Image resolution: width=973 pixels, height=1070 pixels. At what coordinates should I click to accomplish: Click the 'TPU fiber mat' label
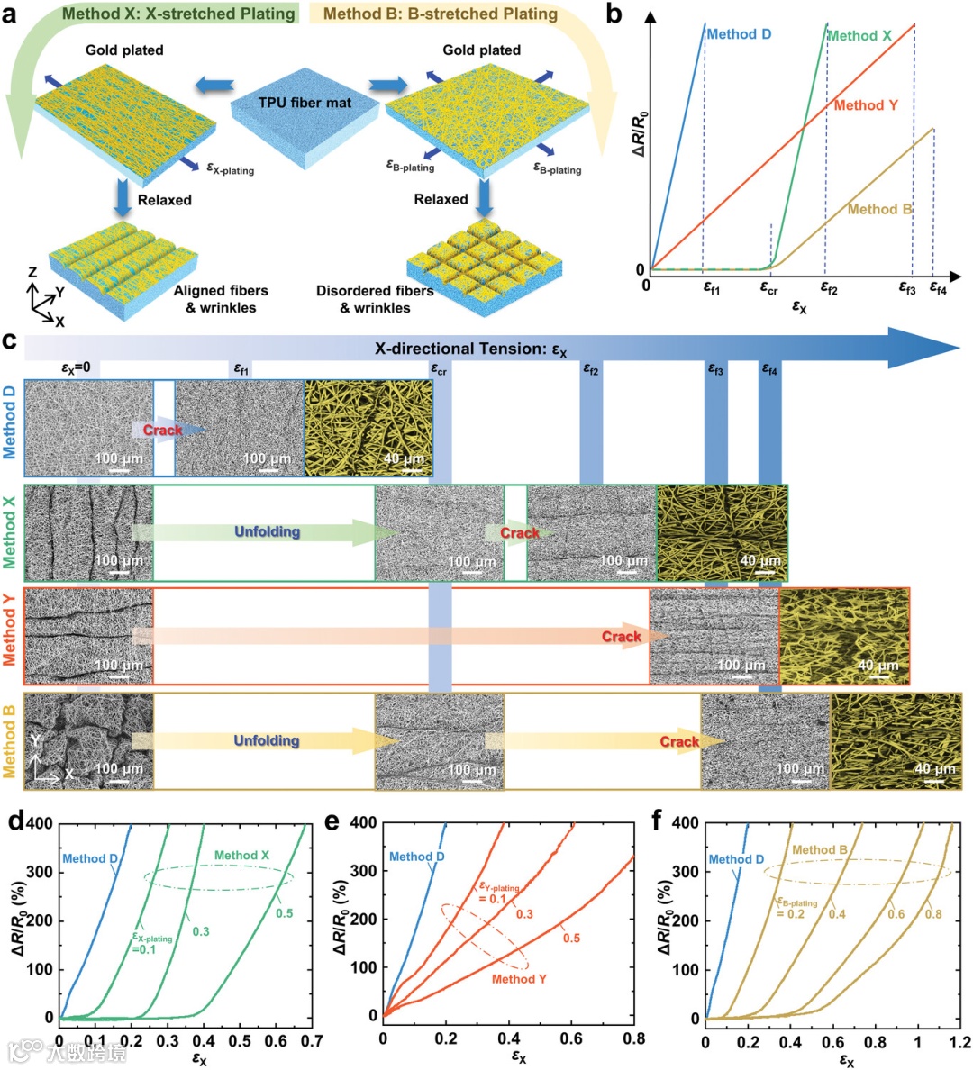pyautogui.click(x=305, y=103)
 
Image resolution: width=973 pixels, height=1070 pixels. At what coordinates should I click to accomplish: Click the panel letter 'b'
pyautogui.click(x=614, y=14)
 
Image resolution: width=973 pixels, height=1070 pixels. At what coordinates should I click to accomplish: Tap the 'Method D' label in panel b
pyautogui.click(x=739, y=34)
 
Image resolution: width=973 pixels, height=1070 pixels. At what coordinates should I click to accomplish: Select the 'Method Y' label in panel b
pyautogui.click(x=865, y=105)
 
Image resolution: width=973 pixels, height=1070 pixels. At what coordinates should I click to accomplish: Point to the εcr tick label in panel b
pyautogui.click(x=768, y=288)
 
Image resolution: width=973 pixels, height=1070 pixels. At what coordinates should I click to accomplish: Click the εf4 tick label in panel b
pyautogui.click(x=938, y=288)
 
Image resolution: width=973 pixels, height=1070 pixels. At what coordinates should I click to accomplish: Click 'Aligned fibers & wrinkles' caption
pyautogui.click(x=221, y=299)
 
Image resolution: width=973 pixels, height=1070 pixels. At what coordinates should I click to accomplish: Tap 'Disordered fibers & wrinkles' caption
pyautogui.click(x=375, y=299)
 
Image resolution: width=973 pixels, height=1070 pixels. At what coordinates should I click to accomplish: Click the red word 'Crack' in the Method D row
pyautogui.click(x=162, y=430)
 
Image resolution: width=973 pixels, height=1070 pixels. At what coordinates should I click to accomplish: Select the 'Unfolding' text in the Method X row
pyautogui.click(x=267, y=531)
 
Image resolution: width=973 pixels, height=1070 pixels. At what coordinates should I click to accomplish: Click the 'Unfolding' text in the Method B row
pyautogui.click(x=267, y=740)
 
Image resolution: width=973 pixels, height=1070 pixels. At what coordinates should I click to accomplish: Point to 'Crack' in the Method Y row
pyautogui.click(x=622, y=637)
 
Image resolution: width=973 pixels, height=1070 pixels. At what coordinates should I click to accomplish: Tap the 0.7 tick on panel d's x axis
pyautogui.click(x=312, y=1040)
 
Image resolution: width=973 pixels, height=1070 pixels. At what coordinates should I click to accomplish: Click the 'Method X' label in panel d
pyautogui.click(x=241, y=856)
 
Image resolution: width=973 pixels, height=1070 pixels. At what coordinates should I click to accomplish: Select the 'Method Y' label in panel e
pyautogui.click(x=519, y=979)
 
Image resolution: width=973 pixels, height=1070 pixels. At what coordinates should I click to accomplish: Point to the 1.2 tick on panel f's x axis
pyautogui.click(x=960, y=1042)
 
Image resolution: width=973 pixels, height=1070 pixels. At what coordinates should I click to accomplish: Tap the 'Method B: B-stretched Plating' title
pyautogui.click(x=440, y=14)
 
